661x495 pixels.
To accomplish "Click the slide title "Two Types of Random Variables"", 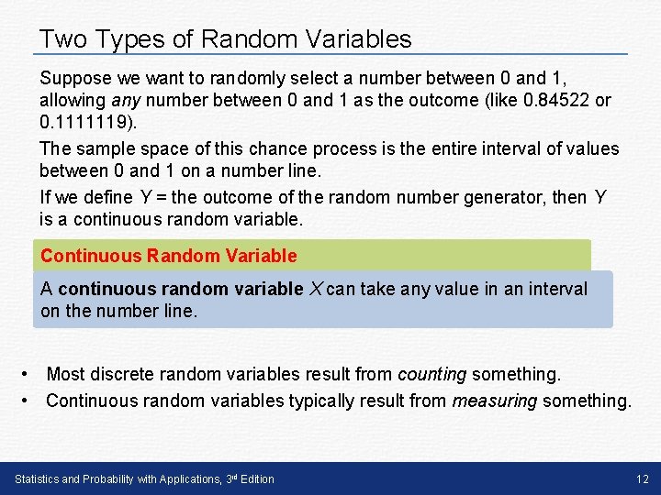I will point(226,39).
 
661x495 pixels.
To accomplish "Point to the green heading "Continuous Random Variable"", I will point(169,256).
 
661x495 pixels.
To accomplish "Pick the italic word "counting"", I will point(431,374).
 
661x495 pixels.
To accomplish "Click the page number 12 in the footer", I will point(642,478).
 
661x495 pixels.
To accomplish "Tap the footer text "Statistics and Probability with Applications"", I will point(114,478).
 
